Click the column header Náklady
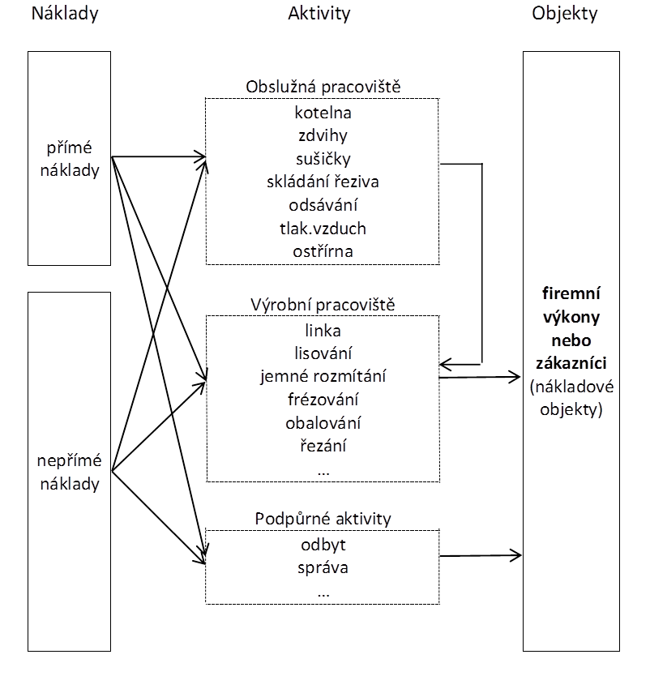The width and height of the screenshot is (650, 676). coord(64,14)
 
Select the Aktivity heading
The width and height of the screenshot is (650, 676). coord(319,14)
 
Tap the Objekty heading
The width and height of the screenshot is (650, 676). coord(564,14)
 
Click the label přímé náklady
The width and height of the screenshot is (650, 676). coord(73,160)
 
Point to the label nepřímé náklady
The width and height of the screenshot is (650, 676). coord(70,473)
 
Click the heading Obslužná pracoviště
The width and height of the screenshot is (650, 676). coord(323,88)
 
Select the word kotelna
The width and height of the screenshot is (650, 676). coord(323,113)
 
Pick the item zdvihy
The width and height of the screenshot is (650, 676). coord(323,135)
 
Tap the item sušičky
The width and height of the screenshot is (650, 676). coord(323,159)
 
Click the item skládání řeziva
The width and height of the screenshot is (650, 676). coord(323,182)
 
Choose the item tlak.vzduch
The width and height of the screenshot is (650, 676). coord(323,229)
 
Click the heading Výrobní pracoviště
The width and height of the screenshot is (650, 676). coord(323,306)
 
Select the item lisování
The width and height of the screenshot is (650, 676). coord(323,353)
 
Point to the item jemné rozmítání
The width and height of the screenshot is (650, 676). coord(323,376)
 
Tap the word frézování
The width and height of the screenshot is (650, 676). coord(323,400)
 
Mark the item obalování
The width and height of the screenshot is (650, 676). coord(323,422)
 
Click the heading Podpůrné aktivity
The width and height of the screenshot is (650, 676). coord(323,519)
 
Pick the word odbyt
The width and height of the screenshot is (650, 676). coord(323,544)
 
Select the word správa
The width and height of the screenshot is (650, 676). coord(323,567)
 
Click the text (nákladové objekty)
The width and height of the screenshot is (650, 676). coord(571,398)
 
